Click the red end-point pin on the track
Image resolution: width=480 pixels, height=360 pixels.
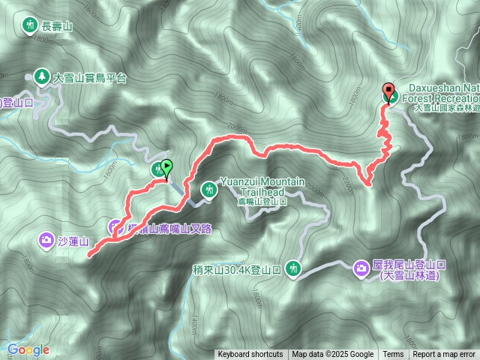click(388, 93)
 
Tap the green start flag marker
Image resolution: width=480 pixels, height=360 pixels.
click(166, 169)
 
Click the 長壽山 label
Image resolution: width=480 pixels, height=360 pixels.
click(57, 25)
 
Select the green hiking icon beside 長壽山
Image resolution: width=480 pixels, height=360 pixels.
click(30, 25)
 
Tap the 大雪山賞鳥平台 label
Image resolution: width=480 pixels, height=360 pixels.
click(89, 77)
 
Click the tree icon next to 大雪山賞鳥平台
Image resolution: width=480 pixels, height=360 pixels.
click(40, 76)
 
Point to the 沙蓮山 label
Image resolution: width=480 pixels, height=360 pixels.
click(73, 241)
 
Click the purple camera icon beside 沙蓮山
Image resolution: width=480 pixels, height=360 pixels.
click(45, 240)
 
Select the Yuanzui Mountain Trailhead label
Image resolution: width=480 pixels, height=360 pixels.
click(251, 187)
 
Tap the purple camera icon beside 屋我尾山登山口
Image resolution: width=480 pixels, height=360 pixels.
click(360, 267)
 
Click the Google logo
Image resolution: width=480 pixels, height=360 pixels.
click(28, 349)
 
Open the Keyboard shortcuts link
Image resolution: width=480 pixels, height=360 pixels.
click(250, 355)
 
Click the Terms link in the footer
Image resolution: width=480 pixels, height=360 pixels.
click(393, 355)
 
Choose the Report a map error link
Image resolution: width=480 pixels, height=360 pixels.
click(445, 355)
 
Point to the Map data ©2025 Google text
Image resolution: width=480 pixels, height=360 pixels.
click(332, 355)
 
